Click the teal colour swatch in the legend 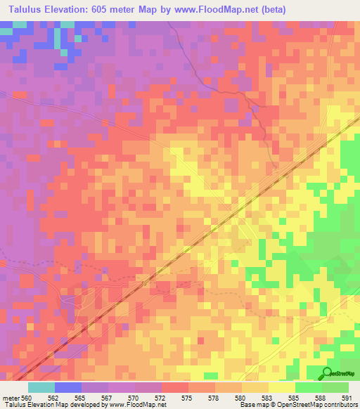coord(41,387)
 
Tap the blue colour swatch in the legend coord(68,387)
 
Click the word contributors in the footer coord(340,405)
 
